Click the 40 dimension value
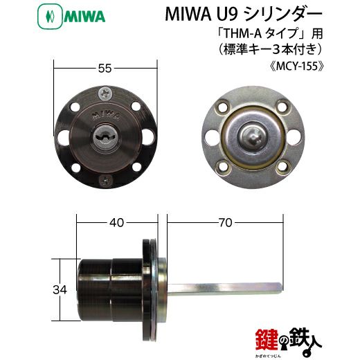pos(116,222)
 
